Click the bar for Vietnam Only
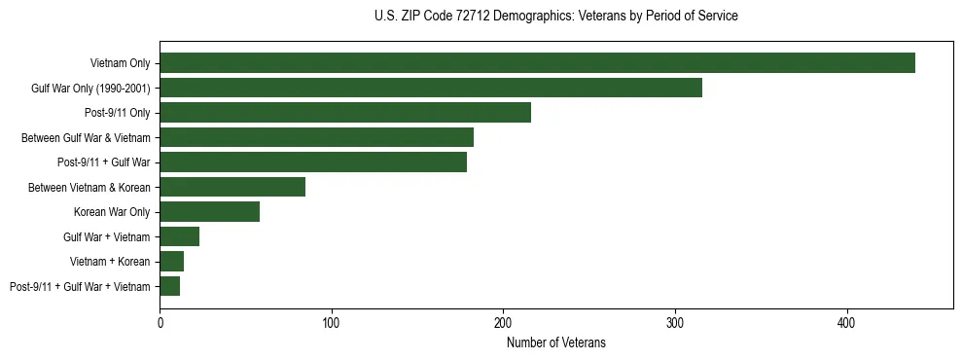537,63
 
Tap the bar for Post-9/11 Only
345,113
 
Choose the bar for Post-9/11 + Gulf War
313,162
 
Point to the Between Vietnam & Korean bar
232,187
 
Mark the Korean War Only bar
209,212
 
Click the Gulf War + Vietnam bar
180,236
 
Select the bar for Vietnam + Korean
172,261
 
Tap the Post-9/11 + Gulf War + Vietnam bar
170,286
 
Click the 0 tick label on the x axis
160,322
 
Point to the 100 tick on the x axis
332,322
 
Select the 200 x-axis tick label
503,322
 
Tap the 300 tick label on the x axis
675,322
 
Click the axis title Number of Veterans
556,342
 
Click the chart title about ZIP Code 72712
556,16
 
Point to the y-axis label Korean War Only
112,212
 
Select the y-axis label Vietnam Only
120,63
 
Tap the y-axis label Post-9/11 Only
117,113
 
